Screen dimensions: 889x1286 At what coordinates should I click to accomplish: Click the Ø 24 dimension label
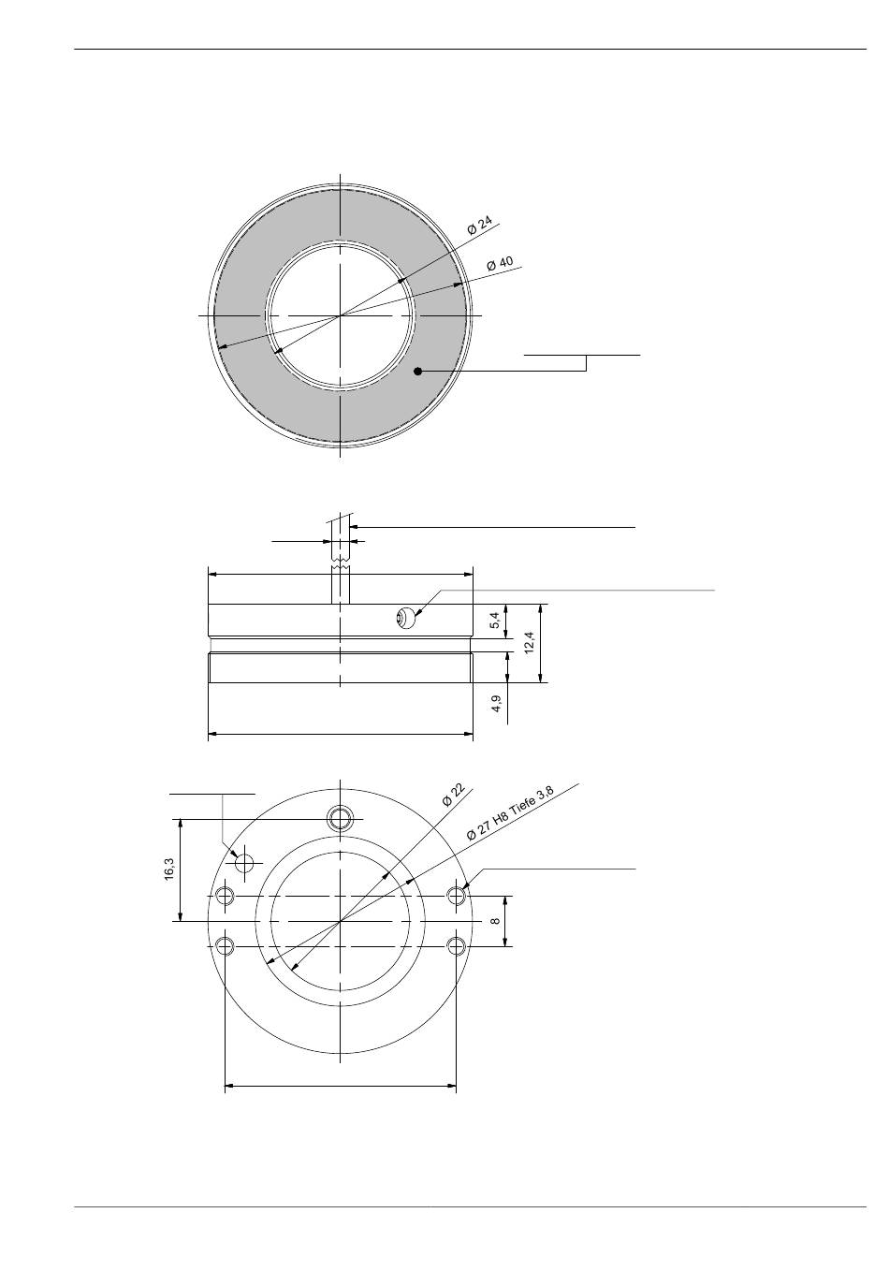(x=479, y=225)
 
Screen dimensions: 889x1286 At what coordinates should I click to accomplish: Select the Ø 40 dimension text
(x=500, y=264)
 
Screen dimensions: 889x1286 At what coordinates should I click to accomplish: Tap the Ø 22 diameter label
(x=453, y=795)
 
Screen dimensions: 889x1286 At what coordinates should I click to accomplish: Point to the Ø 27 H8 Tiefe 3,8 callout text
(x=510, y=813)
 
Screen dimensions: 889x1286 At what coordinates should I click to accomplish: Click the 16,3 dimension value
(x=169, y=870)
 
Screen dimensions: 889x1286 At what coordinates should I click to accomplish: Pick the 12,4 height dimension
(x=529, y=642)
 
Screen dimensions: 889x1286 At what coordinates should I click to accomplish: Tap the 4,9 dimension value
(x=497, y=703)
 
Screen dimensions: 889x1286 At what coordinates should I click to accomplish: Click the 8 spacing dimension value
(x=495, y=921)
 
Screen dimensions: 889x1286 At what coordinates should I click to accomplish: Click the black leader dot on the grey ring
(x=417, y=372)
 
